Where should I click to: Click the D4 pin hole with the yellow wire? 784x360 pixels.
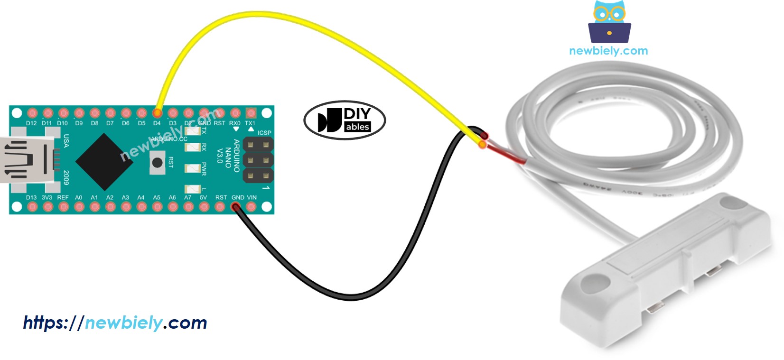[x=157, y=113]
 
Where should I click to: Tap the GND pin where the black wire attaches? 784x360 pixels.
[x=235, y=206]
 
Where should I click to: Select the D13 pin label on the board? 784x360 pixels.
[x=31, y=197]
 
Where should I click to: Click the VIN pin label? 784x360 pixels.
[x=252, y=197]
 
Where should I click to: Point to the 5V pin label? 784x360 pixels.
[x=203, y=197]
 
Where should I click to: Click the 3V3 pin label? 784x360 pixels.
[x=47, y=197]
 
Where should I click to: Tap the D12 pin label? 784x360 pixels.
[x=31, y=123]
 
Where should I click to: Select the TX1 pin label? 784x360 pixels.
[x=250, y=123]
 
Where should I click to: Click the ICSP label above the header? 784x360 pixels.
[x=264, y=133]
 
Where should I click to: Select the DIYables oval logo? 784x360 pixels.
[x=345, y=120]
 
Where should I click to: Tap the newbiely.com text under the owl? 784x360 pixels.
[x=608, y=51]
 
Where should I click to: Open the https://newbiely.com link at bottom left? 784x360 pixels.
[x=115, y=323]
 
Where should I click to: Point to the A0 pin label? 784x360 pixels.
[x=79, y=197]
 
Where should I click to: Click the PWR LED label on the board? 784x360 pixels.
[x=204, y=169]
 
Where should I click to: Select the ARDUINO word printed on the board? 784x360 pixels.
[x=236, y=155]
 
